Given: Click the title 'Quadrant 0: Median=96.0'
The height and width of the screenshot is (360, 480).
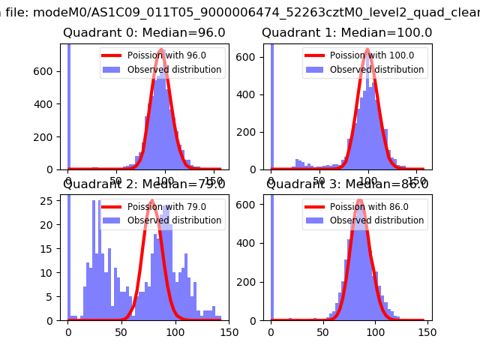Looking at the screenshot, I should click(144, 33).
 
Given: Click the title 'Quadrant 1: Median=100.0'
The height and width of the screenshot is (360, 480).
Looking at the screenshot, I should click(346, 33).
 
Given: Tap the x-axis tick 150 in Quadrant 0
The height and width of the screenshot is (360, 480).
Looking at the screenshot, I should click(214, 181).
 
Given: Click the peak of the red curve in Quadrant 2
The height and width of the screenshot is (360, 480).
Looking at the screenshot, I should click(153, 201).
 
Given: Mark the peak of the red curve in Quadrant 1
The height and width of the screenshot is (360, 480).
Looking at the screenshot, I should click(368, 49).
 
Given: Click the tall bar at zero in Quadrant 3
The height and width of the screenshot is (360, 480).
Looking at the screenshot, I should click(271, 255).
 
